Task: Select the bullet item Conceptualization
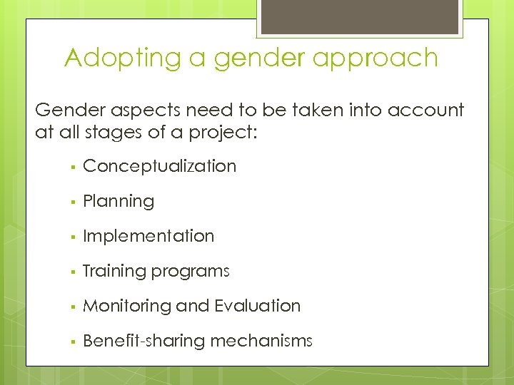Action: pyautogui.click(x=159, y=166)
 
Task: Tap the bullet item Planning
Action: pyautogui.click(x=119, y=201)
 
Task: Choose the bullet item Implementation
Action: pyautogui.click(x=148, y=236)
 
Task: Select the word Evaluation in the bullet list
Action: pyautogui.click(x=258, y=306)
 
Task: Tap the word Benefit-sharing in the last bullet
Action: pyautogui.click(x=144, y=341)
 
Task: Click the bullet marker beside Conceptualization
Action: pyautogui.click(x=73, y=167)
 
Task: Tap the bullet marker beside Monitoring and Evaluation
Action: pyautogui.click(x=73, y=307)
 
